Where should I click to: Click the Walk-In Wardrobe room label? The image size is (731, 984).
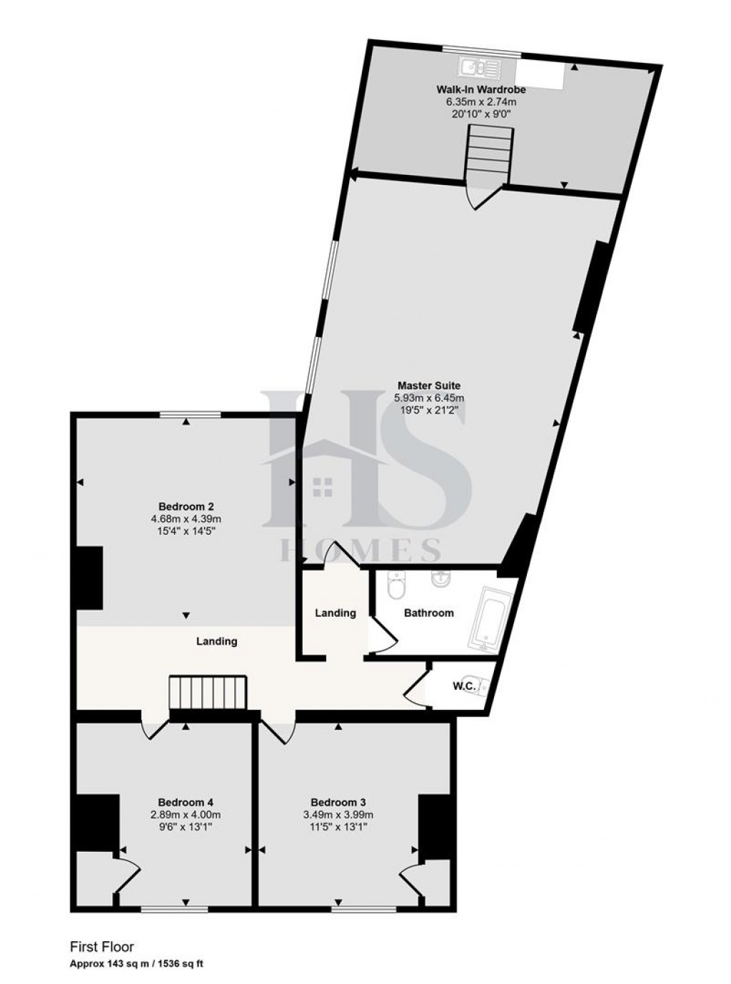(481, 90)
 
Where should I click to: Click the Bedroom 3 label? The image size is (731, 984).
(338, 801)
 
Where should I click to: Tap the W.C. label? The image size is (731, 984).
(464, 686)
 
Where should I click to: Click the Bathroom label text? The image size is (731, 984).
(428, 613)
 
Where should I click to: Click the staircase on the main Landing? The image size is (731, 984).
(207, 693)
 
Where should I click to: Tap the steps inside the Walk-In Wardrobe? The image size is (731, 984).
(490, 152)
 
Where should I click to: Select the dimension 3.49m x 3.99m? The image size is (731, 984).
(338, 814)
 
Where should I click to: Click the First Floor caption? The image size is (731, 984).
(101, 948)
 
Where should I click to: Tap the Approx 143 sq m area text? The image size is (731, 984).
(136, 964)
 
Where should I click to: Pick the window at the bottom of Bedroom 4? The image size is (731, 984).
(174, 909)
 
